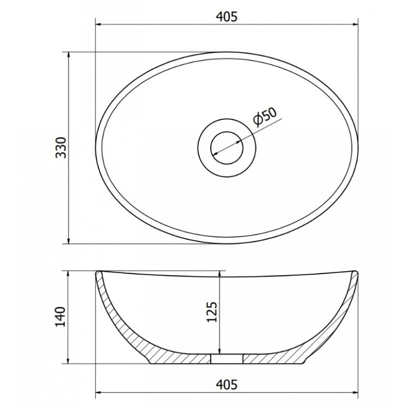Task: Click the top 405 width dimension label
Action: click(227, 17)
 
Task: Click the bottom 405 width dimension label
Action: click(227, 384)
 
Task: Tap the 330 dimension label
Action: click(61, 148)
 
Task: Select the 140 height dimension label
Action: click(60, 316)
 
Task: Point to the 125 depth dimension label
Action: click(212, 312)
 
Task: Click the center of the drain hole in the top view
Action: click(227, 148)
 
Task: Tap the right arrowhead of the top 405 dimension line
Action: click(355, 25)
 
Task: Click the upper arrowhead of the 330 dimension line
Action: click(69, 55)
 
